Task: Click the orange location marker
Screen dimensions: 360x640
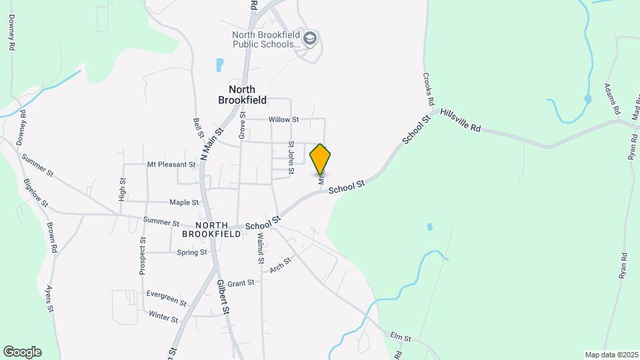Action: click(320, 159)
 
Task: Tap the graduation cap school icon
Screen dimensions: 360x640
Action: click(309, 39)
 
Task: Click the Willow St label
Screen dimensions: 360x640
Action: click(284, 120)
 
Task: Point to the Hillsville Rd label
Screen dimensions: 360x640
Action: click(460, 121)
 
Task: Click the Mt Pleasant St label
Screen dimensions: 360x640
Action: click(171, 164)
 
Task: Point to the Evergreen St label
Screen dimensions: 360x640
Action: click(166, 297)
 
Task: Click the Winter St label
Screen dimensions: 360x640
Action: click(163, 317)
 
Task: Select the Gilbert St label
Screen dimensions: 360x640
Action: click(223, 297)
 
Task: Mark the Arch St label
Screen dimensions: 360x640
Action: click(281, 265)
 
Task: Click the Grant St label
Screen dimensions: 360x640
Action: click(241, 283)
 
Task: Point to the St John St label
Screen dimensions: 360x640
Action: click(291, 157)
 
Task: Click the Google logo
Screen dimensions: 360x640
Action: click(22, 352)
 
